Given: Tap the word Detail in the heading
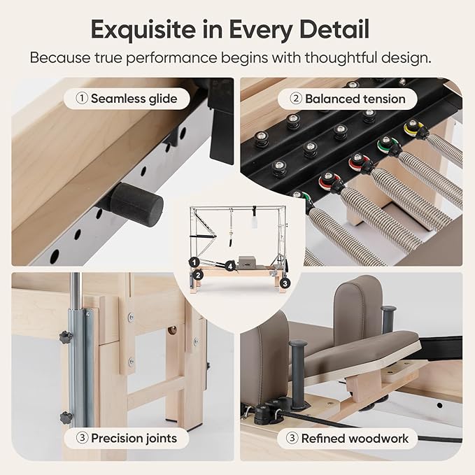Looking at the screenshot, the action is (x=334, y=29).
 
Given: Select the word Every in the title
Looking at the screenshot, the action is (x=260, y=30).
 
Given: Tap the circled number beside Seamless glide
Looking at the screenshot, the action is (x=82, y=99).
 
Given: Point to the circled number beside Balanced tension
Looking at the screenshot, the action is (x=296, y=99).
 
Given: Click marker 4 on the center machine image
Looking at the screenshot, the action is (x=231, y=267).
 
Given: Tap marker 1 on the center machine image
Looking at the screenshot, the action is (x=194, y=262).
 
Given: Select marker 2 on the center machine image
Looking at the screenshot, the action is (x=198, y=275).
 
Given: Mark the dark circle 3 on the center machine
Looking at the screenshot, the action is (x=285, y=283).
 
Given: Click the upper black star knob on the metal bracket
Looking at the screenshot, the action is (x=66, y=336).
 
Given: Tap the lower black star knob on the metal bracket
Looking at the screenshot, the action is (x=66, y=418).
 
